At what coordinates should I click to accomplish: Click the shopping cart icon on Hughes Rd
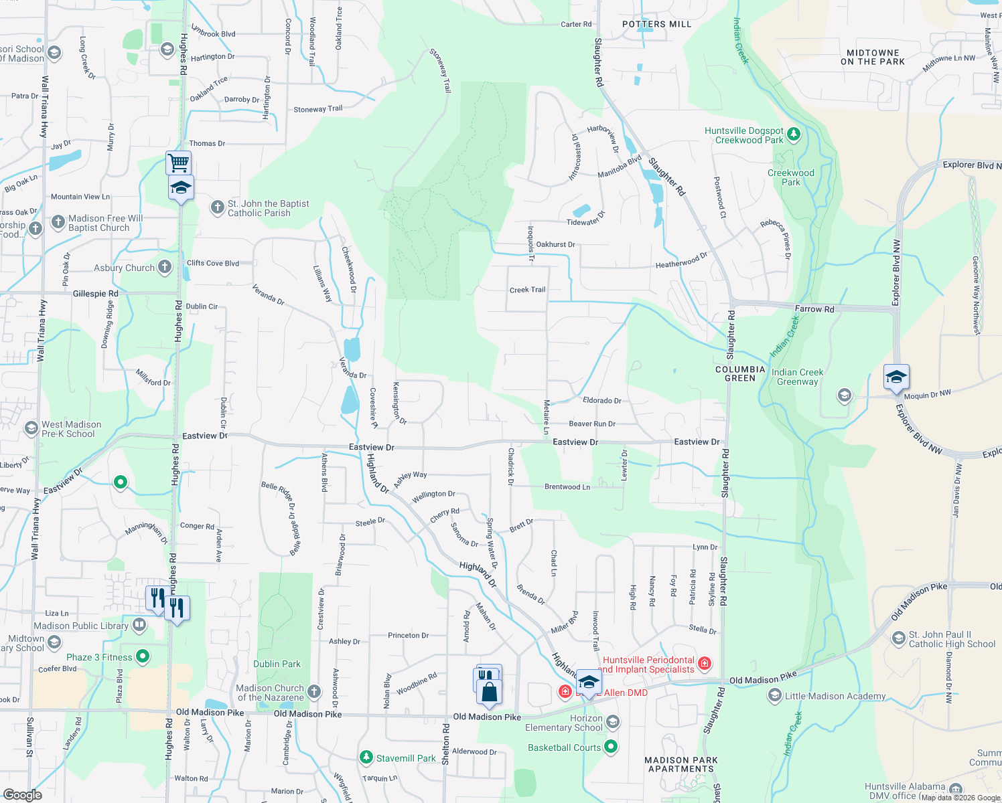pos(178,162)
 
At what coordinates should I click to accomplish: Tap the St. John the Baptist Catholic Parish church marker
pos(217,207)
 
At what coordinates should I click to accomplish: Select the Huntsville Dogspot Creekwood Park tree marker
pos(794,135)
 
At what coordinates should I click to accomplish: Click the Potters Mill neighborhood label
pos(656,24)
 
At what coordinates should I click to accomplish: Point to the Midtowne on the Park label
pos(872,57)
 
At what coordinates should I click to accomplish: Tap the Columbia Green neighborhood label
pos(740,373)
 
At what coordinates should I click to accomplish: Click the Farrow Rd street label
pos(814,308)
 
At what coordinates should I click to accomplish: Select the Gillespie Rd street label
pos(95,293)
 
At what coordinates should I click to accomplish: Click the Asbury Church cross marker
pos(165,267)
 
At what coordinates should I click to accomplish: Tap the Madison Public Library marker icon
pos(139,625)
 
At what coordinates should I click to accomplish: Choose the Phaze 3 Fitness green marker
pos(143,656)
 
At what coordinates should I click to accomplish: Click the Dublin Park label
pos(277,664)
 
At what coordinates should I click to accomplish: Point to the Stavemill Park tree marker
pos(366,757)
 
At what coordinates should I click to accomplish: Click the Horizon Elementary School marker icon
pos(612,722)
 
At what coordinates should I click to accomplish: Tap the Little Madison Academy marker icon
pos(774,696)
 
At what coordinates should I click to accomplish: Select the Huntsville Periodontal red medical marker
pos(704,663)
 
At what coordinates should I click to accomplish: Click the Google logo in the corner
pos(22,794)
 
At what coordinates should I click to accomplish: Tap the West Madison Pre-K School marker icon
pos(31,428)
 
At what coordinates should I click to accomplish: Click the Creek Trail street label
pos(527,290)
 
